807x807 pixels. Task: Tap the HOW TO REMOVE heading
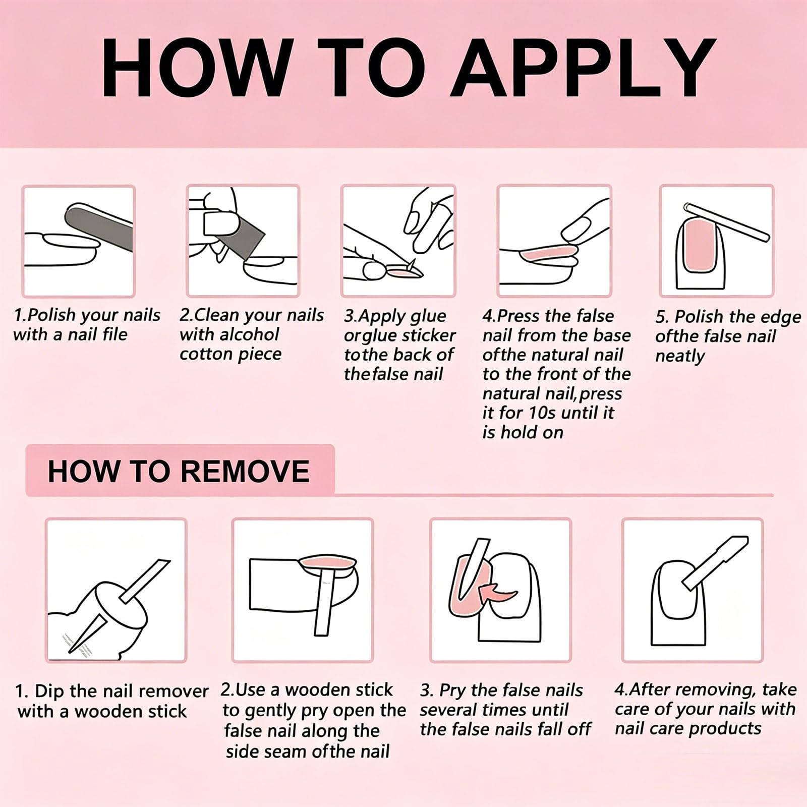pyautogui.click(x=179, y=471)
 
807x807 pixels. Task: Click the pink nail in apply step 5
pyautogui.click(x=700, y=245)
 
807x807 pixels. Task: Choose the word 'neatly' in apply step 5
pyautogui.click(x=680, y=356)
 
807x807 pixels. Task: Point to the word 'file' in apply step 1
pyautogui.click(x=112, y=334)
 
